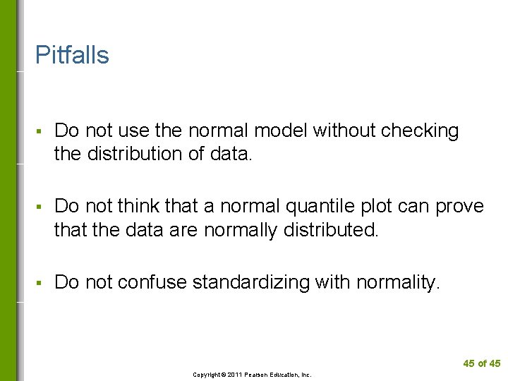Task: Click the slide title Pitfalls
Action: point(72,55)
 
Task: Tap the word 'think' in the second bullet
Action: point(138,206)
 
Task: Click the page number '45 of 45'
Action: point(482,363)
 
